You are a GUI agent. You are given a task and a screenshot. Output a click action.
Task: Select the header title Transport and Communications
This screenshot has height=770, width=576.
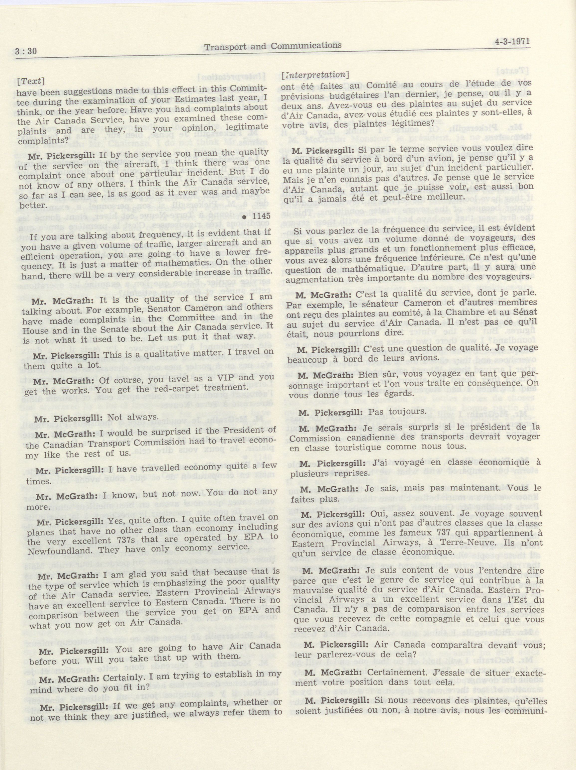point(273,46)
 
